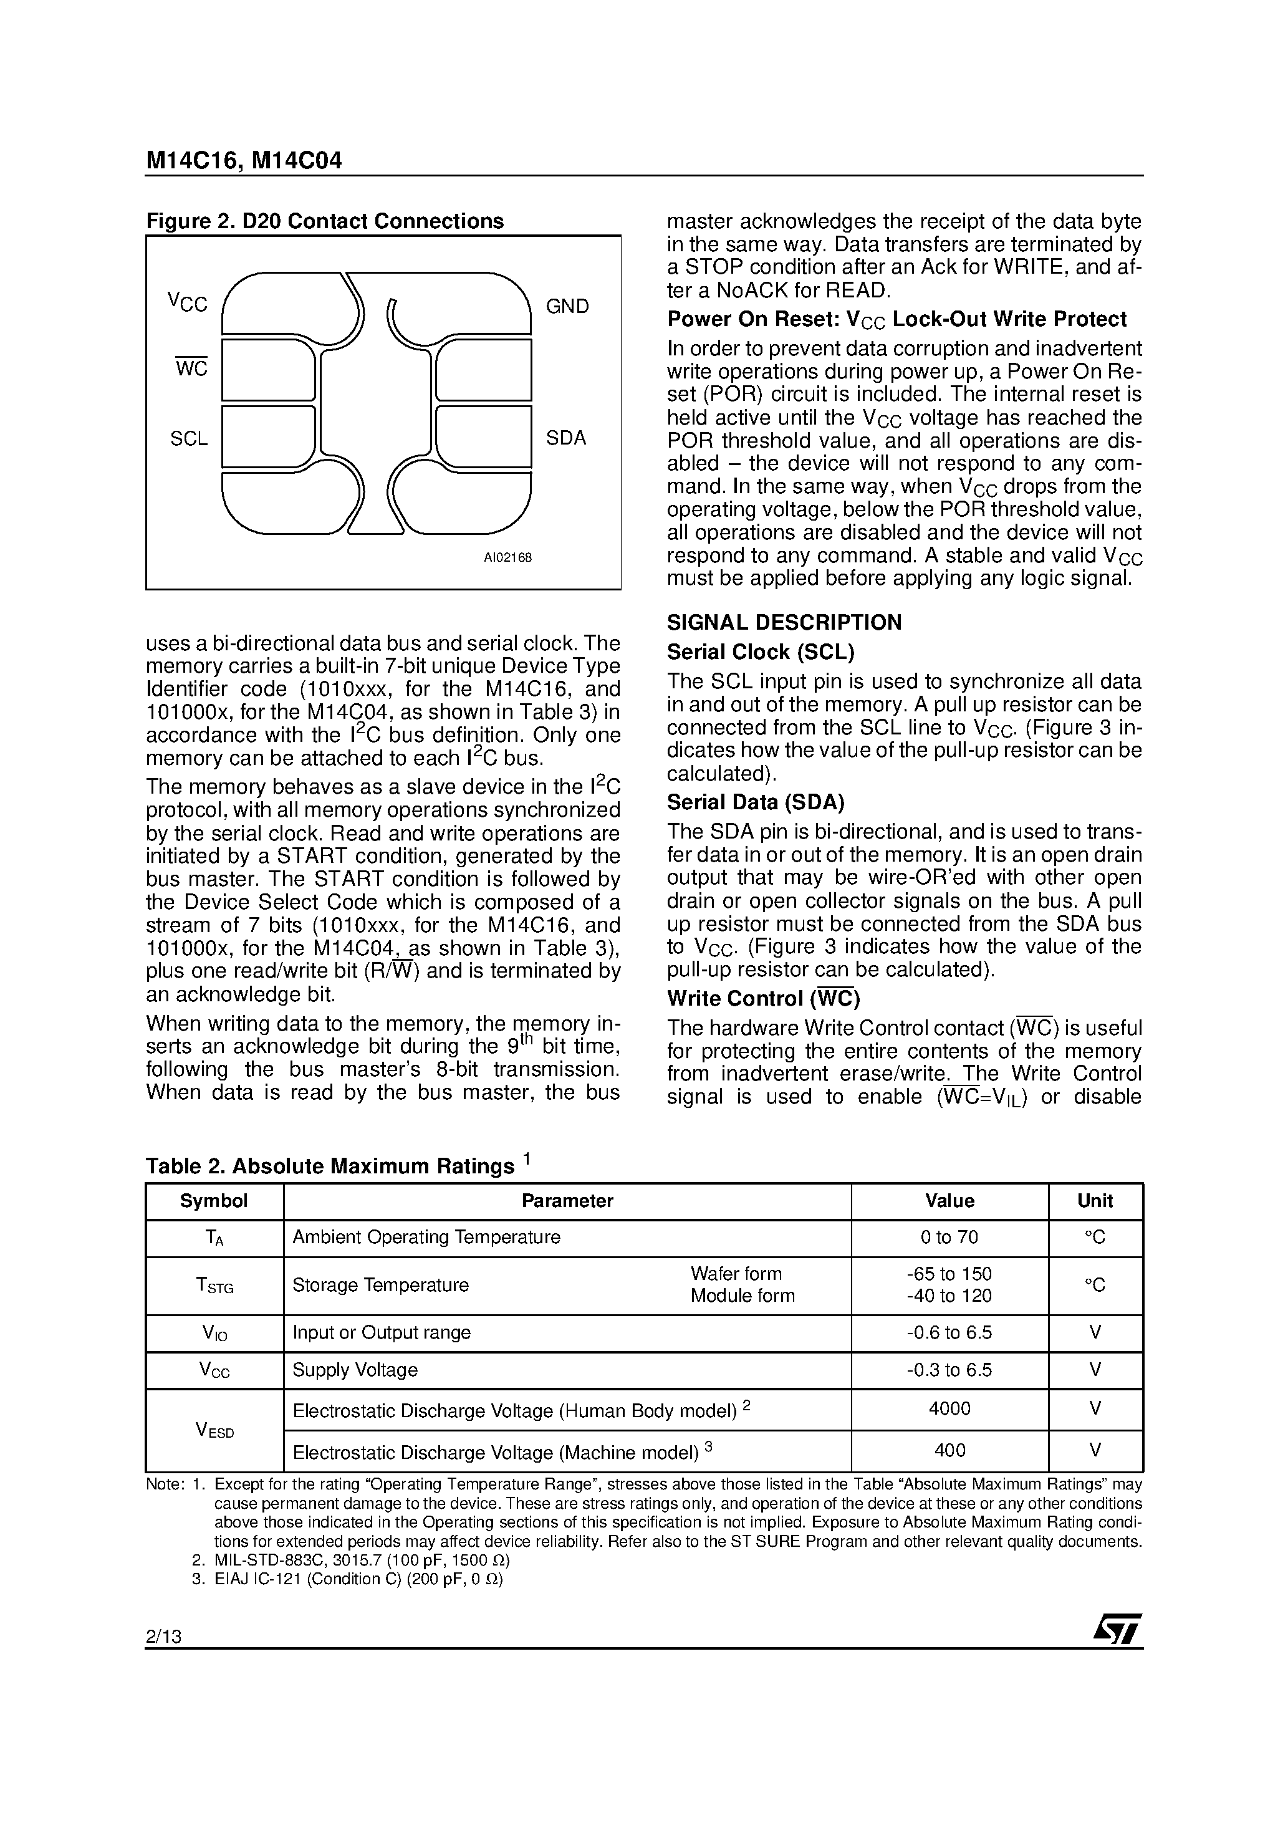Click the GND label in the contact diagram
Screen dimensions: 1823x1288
click(567, 307)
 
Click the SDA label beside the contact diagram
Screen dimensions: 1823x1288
click(565, 438)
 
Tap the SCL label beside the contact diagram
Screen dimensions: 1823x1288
click(189, 439)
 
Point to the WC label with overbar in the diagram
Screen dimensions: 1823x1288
click(191, 368)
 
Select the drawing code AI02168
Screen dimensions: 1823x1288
click(507, 557)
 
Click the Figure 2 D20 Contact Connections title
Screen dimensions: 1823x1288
click(325, 221)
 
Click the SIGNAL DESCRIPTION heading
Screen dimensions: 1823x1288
click(784, 622)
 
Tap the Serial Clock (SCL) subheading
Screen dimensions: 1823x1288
click(760, 652)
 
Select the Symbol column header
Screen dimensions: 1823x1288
click(214, 1201)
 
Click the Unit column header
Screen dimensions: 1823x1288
click(1095, 1201)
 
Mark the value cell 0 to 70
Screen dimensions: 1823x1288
click(949, 1237)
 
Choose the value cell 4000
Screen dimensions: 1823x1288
click(949, 1408)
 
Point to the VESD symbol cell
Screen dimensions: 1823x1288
click(214, 1430)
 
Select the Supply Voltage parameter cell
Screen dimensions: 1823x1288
click(355, 1370)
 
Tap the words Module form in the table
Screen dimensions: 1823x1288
click(742, 1296)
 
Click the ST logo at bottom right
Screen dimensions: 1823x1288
click(1117, 1629)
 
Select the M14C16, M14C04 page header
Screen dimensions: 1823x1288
click(244, 160)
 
